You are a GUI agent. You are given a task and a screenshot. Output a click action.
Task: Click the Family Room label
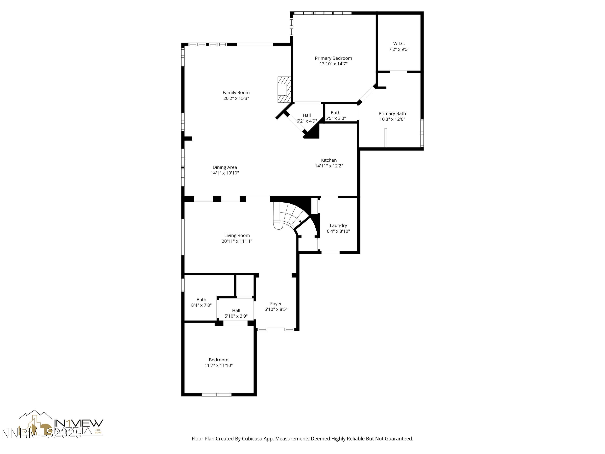click(236, 92)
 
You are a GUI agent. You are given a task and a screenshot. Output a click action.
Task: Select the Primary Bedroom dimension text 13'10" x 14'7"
click(333, 64)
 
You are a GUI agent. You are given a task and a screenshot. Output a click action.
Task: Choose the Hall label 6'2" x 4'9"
click(306, 118)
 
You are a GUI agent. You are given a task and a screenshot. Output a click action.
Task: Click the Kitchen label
click(329, 160)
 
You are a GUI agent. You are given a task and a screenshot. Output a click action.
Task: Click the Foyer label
click(276, 303)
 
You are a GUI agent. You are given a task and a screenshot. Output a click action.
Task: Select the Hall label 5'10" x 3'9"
click(236, 313)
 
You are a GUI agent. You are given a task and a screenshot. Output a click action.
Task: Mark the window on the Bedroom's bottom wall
click(216, 395)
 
